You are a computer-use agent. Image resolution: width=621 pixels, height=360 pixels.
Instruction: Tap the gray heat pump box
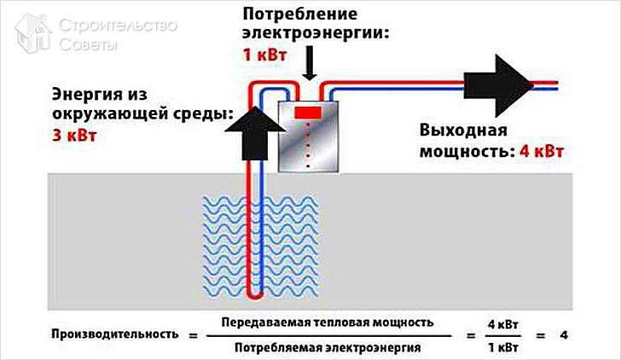[x=310, y=136]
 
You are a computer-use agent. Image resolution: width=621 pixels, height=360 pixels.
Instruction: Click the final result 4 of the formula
[x=564, y=334]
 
